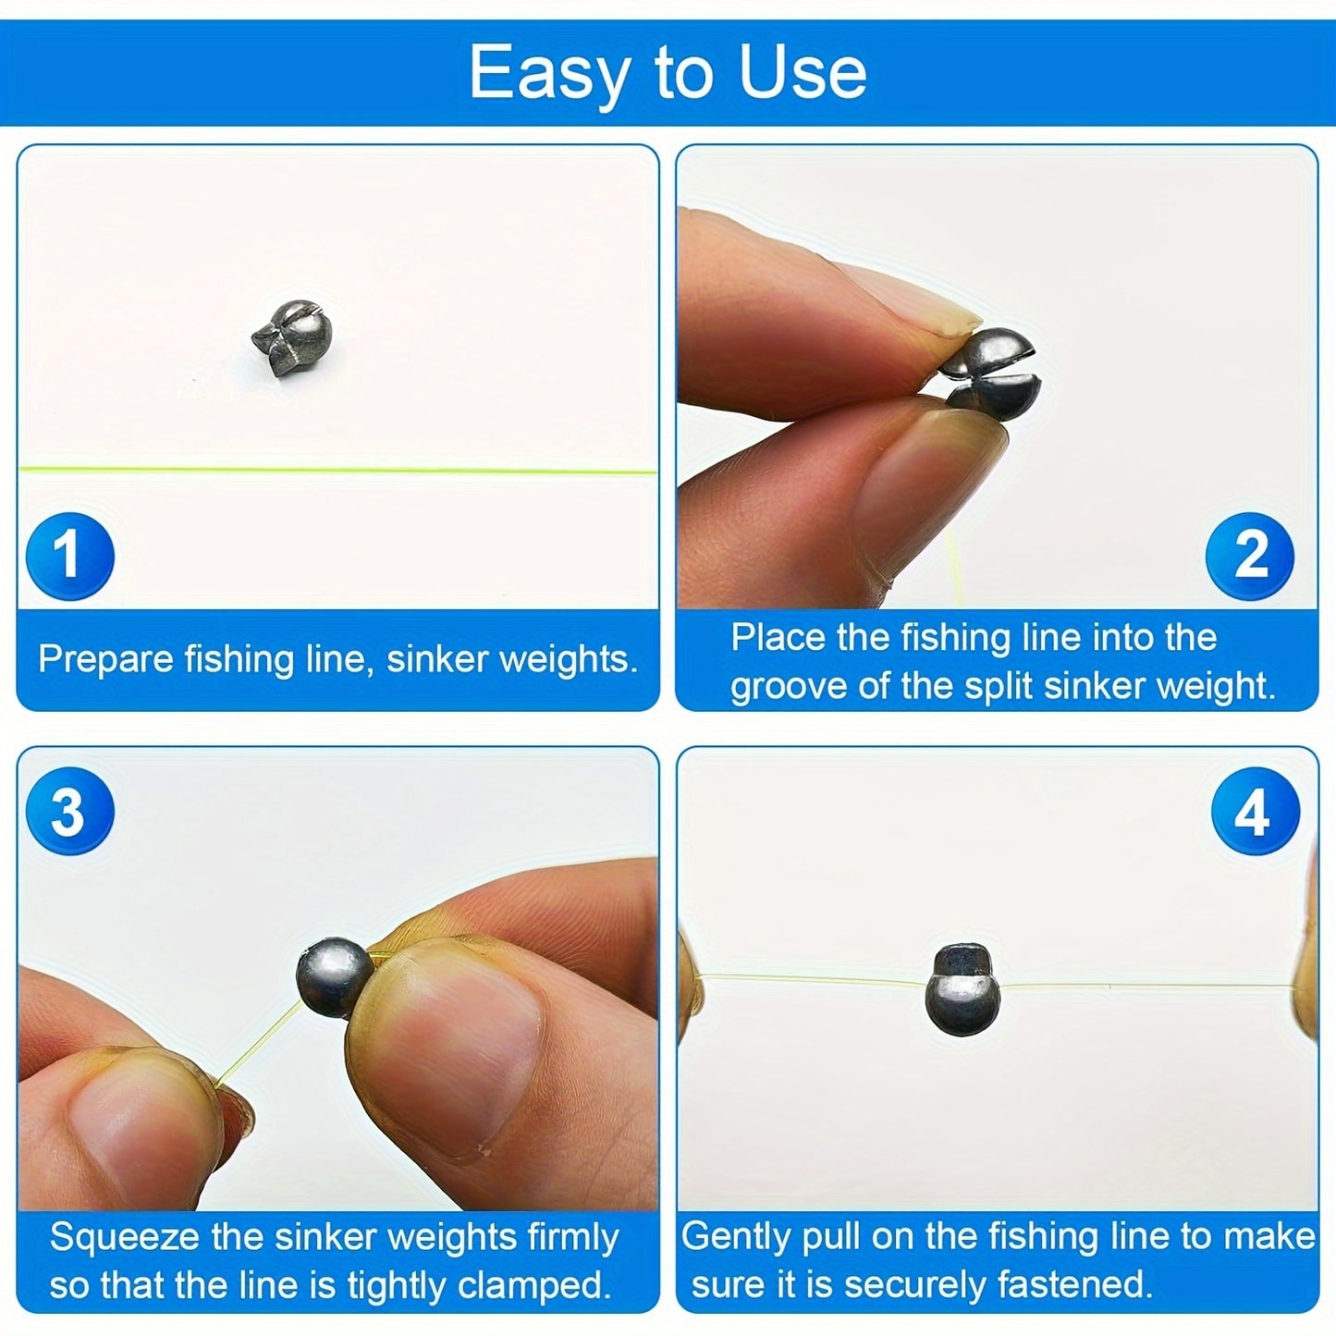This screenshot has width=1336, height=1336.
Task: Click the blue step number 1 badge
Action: point(69,556)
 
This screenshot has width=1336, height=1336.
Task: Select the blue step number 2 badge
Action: point(1250,556)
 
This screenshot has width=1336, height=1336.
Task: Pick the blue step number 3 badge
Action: point(69,812)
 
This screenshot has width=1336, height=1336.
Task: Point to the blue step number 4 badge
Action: point(1255,812)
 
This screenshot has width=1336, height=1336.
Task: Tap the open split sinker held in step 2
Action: point(987,370)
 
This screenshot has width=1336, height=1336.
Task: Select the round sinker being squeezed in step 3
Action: point(335,977)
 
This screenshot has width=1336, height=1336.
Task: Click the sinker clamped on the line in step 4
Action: point(962,989)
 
